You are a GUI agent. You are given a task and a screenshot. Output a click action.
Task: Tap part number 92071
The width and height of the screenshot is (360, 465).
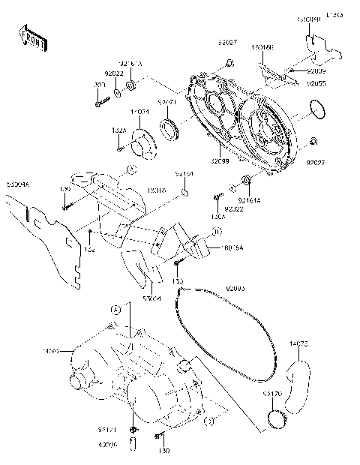click(x=166, y=101)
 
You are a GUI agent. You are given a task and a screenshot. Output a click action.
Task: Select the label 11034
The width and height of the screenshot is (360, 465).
click(x=140, y=112)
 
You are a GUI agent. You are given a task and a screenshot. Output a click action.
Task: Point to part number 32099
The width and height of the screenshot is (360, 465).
click(x=220, y=160)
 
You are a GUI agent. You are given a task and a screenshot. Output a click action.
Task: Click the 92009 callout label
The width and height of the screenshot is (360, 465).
click(x=316, y=70)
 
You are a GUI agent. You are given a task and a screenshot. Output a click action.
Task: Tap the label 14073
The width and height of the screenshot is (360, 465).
click(x=299, y=344)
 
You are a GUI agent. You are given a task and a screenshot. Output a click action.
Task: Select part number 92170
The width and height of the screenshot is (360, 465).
click(x=272, y=391)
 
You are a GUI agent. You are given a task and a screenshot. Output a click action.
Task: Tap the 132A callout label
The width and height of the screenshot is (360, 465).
click(x=118, y=130)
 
